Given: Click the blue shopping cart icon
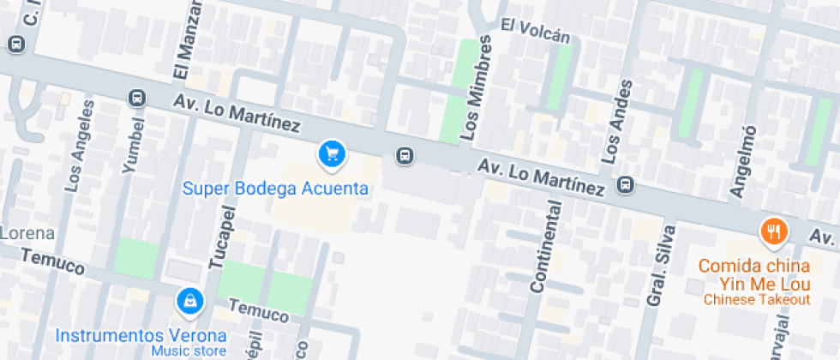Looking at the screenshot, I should pyautogui.click(x=332, y=154).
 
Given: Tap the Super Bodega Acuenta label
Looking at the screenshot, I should pyautogui.click(x=276, y=189).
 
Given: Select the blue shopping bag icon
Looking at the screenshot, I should pyautogui.click(x=189, y=301).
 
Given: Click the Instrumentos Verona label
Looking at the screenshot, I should pyautogui.click(x=141, y=335).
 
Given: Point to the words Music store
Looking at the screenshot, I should pyautogui.click(x=189, y=351).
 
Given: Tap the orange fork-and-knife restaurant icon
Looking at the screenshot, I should pyautogui.click(x=774, y=231).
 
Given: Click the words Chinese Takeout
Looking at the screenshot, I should pyautogui.click(x=757, y=299).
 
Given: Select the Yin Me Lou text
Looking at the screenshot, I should pyautogui.click(x=755, y=283).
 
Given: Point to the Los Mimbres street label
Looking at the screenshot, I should pyautogui.click(x=478, y=88).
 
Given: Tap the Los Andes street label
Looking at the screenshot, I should pyautogui.click(x=617, y=121).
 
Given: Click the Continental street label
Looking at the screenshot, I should pyautogui.click(x=548, y=247).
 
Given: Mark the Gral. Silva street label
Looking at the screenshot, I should pyautogui.click(x=662, y=265).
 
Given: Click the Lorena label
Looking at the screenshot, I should pyautogui.click(x=27, y=233).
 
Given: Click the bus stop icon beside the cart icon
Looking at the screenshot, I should pyautogui.click(x=405, y=156).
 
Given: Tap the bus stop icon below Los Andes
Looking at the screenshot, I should pyautogui.click(x=627, y=184).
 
